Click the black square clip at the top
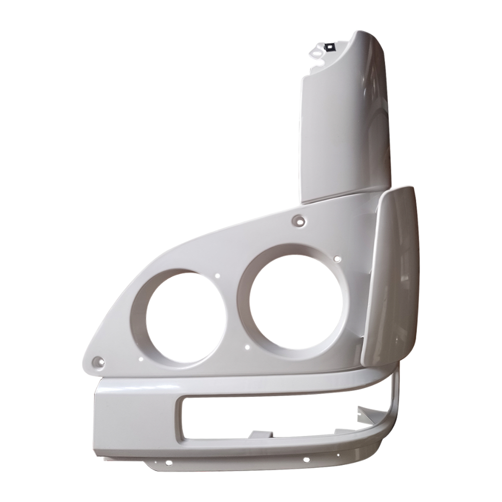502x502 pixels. pos(330,47)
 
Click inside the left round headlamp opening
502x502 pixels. pos(179,316)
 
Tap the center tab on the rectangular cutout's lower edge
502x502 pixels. pos(260,434)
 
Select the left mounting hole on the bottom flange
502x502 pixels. pos(168,462)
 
